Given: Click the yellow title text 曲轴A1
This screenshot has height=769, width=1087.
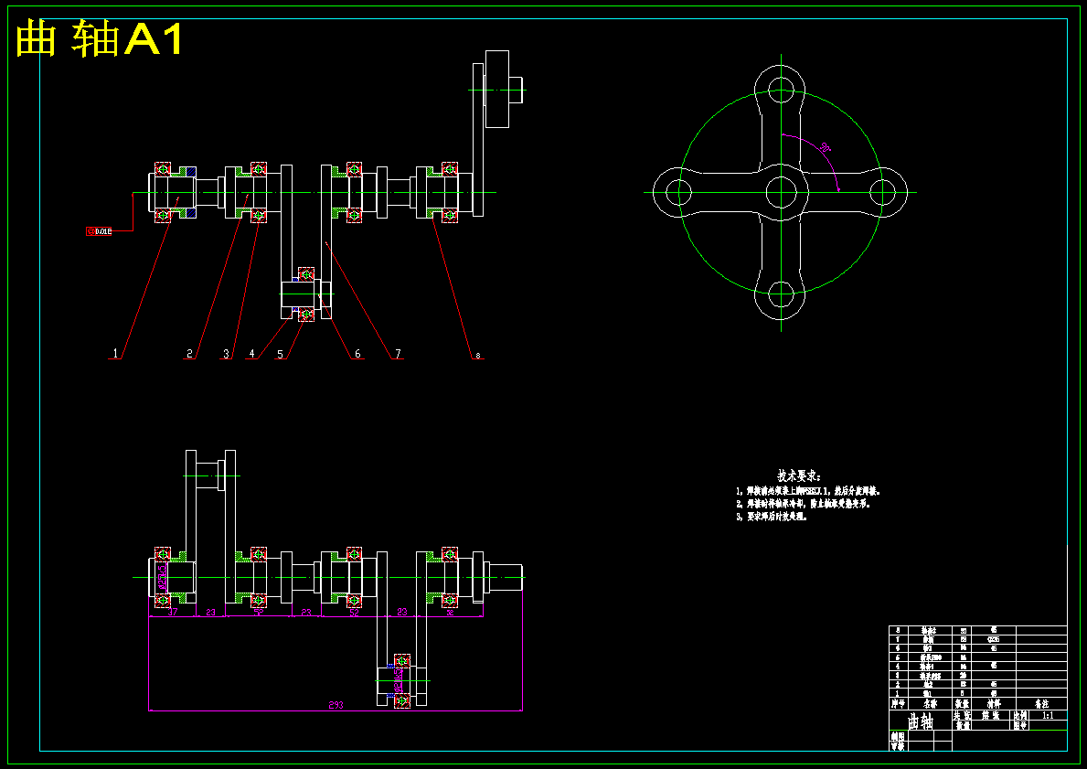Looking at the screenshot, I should (101, 39).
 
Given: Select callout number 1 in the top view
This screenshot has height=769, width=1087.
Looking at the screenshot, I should (115, 353).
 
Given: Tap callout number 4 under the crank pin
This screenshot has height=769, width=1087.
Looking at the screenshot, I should (252, 353).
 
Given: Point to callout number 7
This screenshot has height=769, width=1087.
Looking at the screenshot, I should (398, 353).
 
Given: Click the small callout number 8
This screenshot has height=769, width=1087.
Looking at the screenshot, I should (477, 355).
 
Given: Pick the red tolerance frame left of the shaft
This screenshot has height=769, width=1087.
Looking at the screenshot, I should (99, 231).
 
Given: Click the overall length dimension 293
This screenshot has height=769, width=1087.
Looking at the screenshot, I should (336, 705).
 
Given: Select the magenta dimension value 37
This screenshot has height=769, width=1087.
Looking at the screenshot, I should (173, 613).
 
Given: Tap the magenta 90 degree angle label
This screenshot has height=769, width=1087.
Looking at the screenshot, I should (825, 147).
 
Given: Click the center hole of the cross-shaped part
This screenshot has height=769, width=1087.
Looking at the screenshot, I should (782, 192).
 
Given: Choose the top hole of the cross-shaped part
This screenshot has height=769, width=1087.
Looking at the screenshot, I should (782, 89).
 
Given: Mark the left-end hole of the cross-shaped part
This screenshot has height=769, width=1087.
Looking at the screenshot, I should (678, 192).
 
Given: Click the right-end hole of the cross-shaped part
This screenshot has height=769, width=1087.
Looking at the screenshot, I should (883, 192).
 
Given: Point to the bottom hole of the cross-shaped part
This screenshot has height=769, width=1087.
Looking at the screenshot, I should (782, 294).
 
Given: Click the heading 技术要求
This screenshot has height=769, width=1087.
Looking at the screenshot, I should (799, 475).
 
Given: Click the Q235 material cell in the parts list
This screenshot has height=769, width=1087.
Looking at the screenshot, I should (994, 639).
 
